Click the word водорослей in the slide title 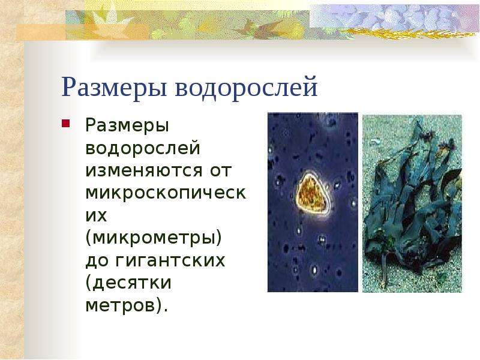click(247, 88)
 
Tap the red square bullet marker click(66, 124)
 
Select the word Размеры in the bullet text click(127, 126)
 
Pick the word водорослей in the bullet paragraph click(143, 148)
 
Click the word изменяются click(144, 171)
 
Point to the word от click(220, 171)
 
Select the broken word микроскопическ click(166, 193)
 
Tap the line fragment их click(96, 216)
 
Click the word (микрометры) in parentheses click(154, 238)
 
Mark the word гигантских click(170, 260)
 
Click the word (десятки click(128, 283)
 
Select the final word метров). click(127, 305)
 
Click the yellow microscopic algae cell click(312, 193)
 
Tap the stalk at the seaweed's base click(383, 269)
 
